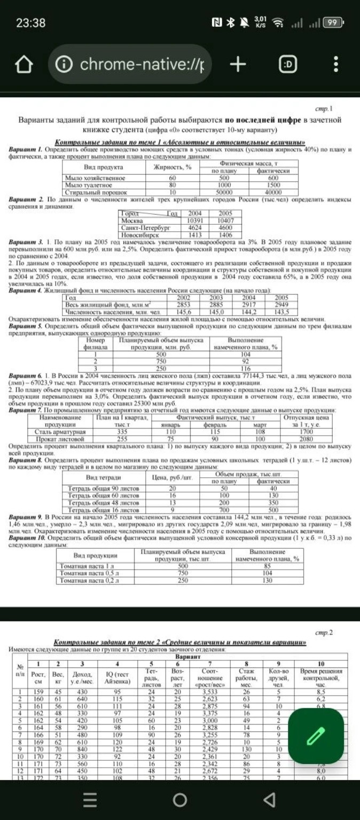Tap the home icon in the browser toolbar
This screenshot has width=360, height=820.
[x=22, y=65]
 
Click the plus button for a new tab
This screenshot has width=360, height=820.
[x=238, y=65]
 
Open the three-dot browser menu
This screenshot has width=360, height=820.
[x=336, y=65]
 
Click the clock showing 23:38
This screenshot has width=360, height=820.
[x=30, y=23]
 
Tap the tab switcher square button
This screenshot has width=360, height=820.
[x=288, y=65]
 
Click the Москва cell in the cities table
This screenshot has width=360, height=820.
[x=132, y=219]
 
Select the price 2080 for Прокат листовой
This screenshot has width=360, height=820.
[x=306, y=438]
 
